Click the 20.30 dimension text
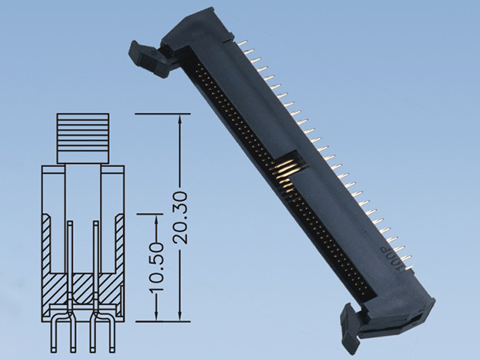click(180, 218)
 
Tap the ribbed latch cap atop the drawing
click(82, 136)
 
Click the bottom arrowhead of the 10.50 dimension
click(157, 315)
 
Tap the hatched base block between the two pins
click(82, 283)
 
